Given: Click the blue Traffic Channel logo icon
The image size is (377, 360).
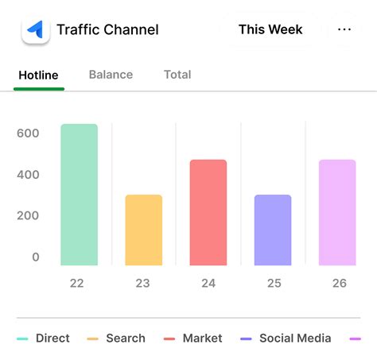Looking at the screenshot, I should coord(35,30).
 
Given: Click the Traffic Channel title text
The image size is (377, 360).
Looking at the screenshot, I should coord(107,30).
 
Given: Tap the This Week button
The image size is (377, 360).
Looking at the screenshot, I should coord(270,30).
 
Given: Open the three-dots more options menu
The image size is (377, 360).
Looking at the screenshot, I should coord(344,30).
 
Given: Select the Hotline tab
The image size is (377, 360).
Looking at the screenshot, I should coord(38,75).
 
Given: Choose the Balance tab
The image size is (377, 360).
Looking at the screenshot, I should coord(111,75).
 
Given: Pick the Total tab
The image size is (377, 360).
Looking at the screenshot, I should coord(177,75).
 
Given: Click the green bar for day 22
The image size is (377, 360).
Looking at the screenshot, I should coord(79,195).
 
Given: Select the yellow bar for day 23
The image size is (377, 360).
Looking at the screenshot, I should coord(143,230).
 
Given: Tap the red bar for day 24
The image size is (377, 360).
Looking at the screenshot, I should coord(208,212).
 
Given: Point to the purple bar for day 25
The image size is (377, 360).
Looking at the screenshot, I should coord(273,230).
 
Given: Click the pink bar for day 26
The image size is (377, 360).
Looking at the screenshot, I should coord(337,212).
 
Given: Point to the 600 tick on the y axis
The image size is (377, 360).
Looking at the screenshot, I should coord(28,134).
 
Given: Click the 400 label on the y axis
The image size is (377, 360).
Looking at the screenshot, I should coord(28,175).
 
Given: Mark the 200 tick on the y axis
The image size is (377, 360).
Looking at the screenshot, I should coord(28,215).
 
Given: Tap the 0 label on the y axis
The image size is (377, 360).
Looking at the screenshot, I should coord(35,257).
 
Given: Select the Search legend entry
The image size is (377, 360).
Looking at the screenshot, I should coord(116,339).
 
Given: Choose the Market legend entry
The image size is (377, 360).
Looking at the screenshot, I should coord(192,339).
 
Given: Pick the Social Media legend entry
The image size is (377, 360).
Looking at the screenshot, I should coord(286,339).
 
